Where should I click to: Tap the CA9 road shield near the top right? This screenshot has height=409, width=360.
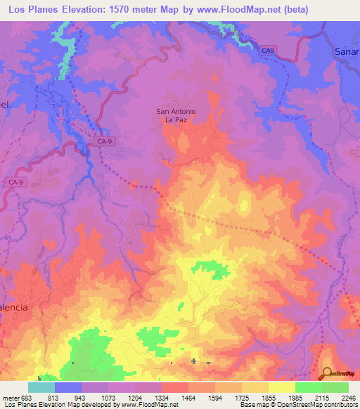coord(267,51)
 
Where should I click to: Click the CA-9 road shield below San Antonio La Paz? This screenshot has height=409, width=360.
coord(105,142)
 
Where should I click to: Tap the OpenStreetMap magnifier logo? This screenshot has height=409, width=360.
coord(327,373)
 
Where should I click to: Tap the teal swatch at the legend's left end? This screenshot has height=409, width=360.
coord(41,387)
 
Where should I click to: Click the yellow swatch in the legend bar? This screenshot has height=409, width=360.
coord(282,387)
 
